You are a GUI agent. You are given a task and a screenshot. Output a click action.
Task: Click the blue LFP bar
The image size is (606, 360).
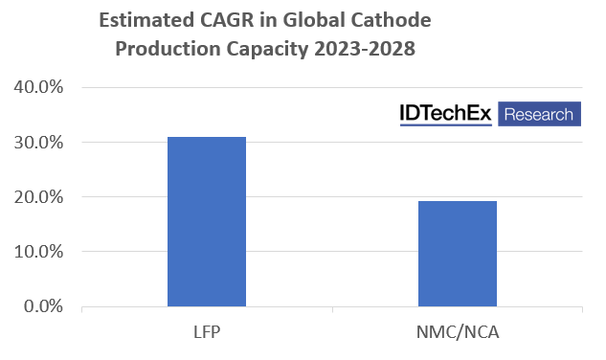pos(207,222)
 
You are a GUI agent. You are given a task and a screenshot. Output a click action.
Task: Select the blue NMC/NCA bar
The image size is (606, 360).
pos(457,254)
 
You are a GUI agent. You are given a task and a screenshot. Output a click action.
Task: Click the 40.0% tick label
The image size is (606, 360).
pos(38,88)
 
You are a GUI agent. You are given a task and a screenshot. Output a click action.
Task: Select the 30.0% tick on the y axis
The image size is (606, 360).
pos(38,143)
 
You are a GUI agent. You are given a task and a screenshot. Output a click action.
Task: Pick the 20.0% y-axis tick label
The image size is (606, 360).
pos(38,197)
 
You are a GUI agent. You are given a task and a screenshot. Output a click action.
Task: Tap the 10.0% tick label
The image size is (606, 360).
pos(38,252)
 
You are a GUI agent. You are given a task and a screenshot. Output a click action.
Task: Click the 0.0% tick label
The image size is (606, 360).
pos(42,306)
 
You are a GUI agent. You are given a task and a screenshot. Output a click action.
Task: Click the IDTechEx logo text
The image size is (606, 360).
pos(445,115)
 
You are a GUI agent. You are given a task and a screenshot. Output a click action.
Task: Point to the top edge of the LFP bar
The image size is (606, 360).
pos(207,138)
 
